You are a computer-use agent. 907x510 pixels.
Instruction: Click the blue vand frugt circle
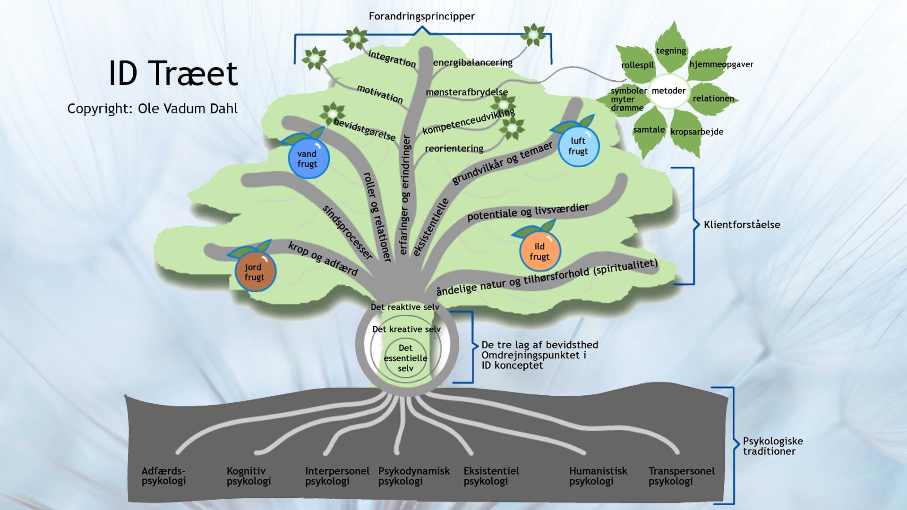pyautogui.click(x=308, y=159)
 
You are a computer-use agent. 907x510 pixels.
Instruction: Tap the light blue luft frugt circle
pyautogui.click(x=578, y=146)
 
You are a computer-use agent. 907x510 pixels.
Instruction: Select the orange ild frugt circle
pyautogui.click(x=539, y=252)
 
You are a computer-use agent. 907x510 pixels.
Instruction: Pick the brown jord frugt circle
pyautogui.click(x=255, y=272)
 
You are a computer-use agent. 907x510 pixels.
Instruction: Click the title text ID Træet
pyautogui.click(x=173, y=74)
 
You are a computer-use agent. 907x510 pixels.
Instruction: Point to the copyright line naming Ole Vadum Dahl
pyautogui.click(x=152, y=109)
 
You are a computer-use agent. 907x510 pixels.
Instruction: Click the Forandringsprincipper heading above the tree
pyautogui.click(x=421, y=17)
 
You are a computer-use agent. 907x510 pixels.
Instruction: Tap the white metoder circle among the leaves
pyautogui.click(x=668, y=91)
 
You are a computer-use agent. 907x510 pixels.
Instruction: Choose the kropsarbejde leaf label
pyautogui.click(x=697, y=132)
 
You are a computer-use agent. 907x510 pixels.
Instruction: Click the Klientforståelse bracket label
pyautogui.click(x=742, y=225)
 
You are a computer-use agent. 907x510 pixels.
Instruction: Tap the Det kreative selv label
pyautogui.click(x=406, y=329)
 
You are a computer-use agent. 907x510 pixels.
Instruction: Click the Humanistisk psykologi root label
pyautogui.click(x=598, y=476)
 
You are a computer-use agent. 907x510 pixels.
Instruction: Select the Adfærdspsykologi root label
pyautogui.click(x=163, y=476)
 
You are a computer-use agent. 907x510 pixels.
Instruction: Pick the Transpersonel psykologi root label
pyautogui.click(x=681, y=476)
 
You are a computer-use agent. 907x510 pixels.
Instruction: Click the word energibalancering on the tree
pyautogui.click(x=472, y=62)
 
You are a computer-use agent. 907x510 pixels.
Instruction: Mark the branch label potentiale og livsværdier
pyautogui.click(x=528, y=212)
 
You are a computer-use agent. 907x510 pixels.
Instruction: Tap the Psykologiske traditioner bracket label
pyautogui.click(x=772, y=446)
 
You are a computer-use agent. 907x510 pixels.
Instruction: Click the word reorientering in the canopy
pyautogui.click(x=454, y=148)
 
